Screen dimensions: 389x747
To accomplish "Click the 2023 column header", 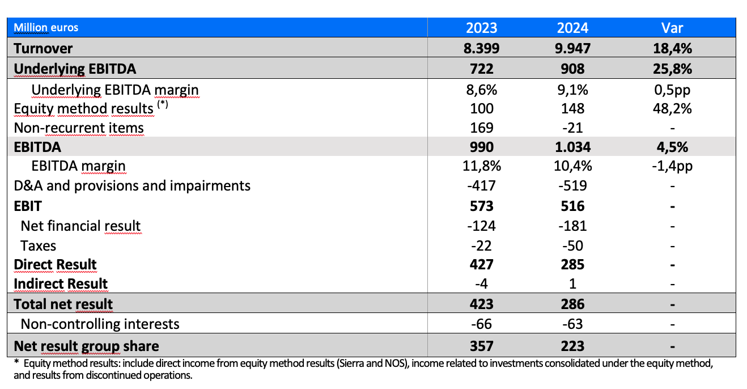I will (481, 28).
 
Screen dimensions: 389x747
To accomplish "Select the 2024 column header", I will (572, 28).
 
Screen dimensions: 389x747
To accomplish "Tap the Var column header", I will (672, 28).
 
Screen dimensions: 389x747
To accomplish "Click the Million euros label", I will (46, 27).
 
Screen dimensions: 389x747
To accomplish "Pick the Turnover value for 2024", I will (572, 48).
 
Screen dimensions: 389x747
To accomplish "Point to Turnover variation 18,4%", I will (672, 48).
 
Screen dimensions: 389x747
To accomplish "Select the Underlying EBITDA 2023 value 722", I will (481, 69).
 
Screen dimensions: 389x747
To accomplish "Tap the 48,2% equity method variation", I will (672, 108).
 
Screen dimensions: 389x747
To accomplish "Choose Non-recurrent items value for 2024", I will (572, 128).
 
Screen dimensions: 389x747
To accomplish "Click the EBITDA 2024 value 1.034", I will (572, 147).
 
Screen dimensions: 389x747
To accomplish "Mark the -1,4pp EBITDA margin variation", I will (672, 166).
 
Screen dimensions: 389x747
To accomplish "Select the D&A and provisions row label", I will (131, 185).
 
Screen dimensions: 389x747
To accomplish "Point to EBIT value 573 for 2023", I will (481, 206).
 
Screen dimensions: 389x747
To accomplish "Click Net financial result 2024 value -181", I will (572, 226).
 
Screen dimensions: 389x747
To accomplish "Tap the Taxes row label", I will (38, 246).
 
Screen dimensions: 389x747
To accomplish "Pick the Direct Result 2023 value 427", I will (481, 265).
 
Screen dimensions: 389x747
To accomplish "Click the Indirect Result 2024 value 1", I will (572, 284).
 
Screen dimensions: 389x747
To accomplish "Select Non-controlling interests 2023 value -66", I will (481, 324).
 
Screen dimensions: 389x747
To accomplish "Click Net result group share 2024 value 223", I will (572, 346).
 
